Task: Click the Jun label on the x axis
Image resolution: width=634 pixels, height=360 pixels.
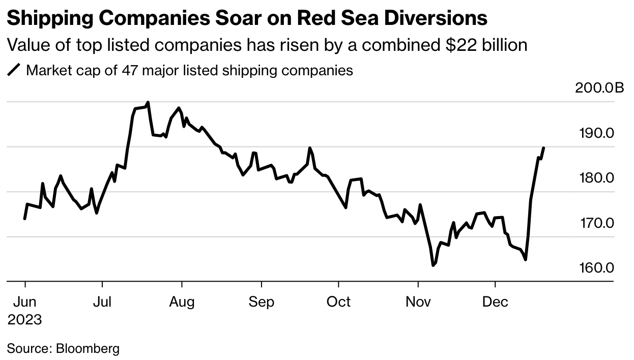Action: pyautogui.click(x=24, y=302)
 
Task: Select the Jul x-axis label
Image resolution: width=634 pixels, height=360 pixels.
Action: pyautogui.click(x=102, y=302)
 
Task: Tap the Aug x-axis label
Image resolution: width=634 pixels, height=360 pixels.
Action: pyautogui.click(x=182, y=302)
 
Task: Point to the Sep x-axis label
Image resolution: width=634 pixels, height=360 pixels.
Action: pyautogui.click(x=262, y=302)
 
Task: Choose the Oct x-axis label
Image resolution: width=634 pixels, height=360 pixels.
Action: pyautogui.click(x=338, y=302)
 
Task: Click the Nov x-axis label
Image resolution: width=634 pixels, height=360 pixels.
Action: pyautogui.click(x=418, y=302)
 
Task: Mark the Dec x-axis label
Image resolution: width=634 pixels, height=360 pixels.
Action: pyautogui.click(x=495, y=302)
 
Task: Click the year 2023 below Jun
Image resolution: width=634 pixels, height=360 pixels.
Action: pyautogui.click(x=24, y=320)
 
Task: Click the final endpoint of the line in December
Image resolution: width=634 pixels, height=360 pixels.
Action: pyautogui.click(x=544, y=148)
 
